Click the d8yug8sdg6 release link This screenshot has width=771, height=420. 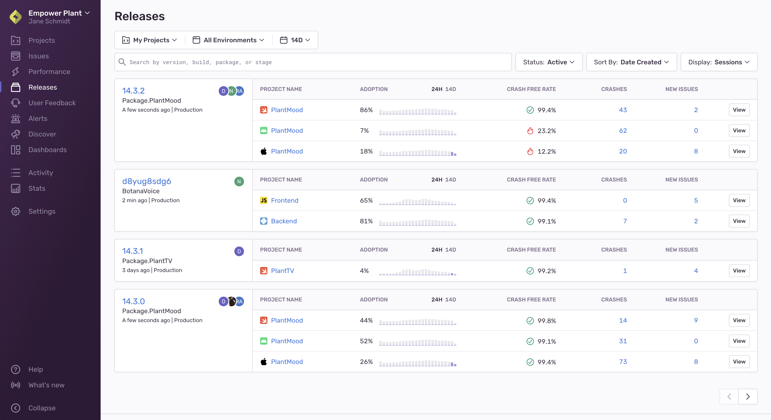point(146,181)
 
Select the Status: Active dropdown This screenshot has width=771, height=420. point(549,62)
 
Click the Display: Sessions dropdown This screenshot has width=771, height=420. point(719,62)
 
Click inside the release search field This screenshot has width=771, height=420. point(313,62)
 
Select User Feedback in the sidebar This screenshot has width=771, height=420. point(52,103)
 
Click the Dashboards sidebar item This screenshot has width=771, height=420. point(47,150)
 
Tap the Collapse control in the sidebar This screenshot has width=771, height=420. point(42,408)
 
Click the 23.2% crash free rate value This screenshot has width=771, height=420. point(547,131)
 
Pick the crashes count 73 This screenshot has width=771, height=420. point(623,362)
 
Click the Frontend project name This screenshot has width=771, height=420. point(284,201)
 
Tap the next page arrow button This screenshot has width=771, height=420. point(748,397)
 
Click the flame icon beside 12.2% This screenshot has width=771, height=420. point(530,151)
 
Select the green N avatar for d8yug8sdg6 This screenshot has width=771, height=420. point(239,182)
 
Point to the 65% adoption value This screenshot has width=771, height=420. point(366,201)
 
